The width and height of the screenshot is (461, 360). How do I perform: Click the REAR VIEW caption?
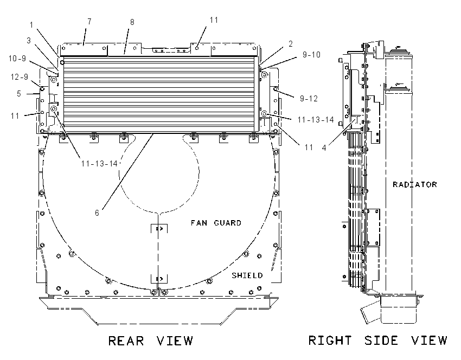coord(151,341)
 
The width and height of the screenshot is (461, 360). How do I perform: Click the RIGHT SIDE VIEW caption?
coord(378,340)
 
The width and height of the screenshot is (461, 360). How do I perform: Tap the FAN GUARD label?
coord(216,223)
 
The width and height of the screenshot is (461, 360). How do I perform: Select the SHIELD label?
coord(247,275)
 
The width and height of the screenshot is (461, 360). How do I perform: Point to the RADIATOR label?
coord(415,184)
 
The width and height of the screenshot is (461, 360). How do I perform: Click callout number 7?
coord(89,22)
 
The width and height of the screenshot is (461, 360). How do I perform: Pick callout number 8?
coord(132,22)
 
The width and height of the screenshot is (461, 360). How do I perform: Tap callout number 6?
coord(97,213)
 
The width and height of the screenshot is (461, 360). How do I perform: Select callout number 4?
coord(324,148)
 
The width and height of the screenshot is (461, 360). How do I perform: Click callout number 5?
coord(19,94)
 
